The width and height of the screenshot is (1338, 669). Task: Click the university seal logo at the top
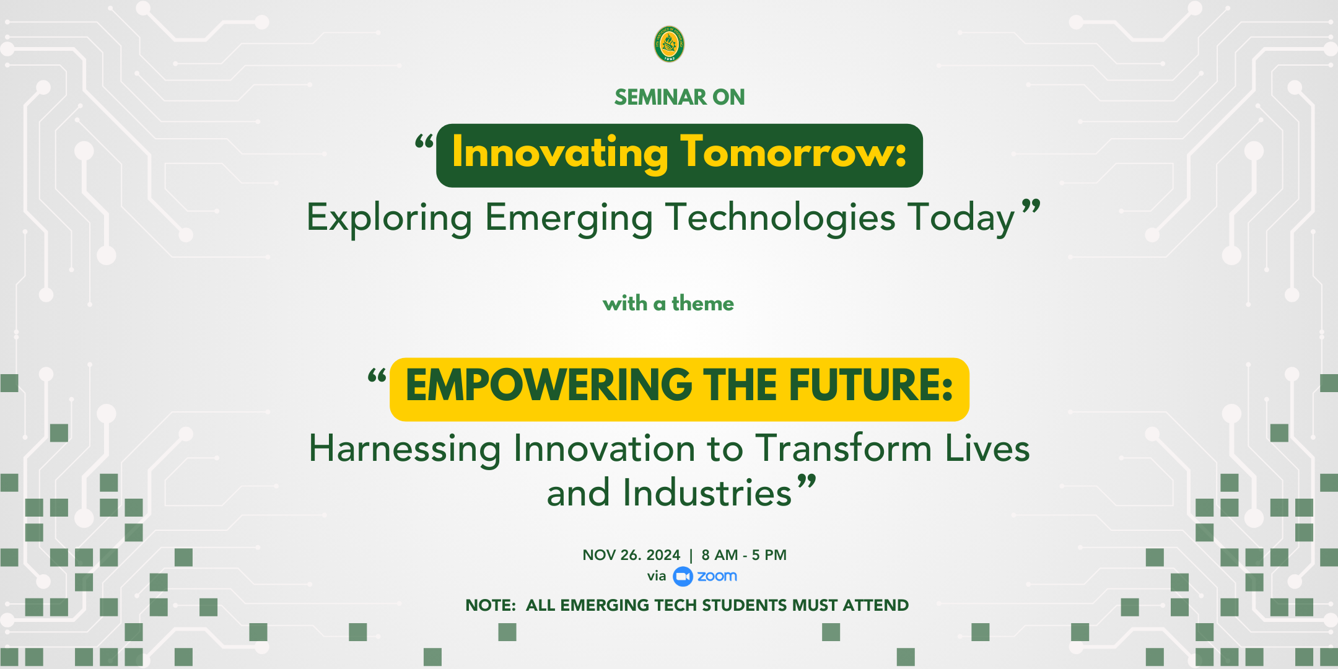(x=669, y=44)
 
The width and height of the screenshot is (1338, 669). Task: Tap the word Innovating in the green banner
(x=560, y=153)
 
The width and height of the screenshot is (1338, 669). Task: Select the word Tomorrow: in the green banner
(x=794, y=152)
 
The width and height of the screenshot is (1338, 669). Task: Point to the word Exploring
(x=390, y=219)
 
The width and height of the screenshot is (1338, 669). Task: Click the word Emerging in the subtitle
(x=569, y=219)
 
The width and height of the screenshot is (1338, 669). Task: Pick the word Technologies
(x=780, y=218)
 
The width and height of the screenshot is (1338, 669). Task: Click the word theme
(x=702, y=304)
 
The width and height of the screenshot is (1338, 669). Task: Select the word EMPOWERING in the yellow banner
(x=549, y=385)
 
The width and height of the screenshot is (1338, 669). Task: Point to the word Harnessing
(x=405, y=449)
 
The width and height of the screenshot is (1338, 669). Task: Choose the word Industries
(x=707, y=493)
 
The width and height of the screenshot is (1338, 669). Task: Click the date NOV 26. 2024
(x=631, y=555)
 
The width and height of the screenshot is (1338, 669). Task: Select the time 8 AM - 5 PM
(x=744, y=555)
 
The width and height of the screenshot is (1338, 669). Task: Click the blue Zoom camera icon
(x=683, y=577)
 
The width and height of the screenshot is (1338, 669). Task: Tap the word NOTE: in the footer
(x=491, y=605)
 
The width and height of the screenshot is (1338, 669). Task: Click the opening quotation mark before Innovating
(x=424, y=142)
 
